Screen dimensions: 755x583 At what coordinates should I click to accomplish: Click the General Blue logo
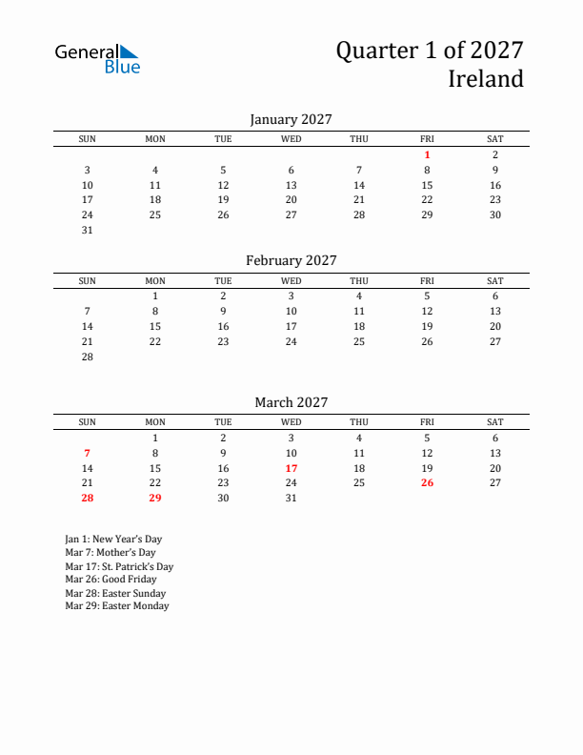click(x=97, y=58)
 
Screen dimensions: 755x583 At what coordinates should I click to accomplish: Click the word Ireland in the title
click(x=486, y=78)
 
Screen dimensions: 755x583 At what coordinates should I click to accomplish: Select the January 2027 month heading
click(x=291, y=119)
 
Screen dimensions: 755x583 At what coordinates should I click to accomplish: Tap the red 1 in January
click(x=427, y=154)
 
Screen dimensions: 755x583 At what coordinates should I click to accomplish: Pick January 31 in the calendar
click(x=87, y=230)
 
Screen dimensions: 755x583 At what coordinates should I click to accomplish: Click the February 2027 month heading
click(x=291, y=260)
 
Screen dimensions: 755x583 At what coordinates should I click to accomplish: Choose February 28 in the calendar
click(x=87, y=357)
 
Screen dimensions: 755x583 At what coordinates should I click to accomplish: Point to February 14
click(x=87, y=326)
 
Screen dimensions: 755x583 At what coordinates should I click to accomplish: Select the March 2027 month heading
click(x=291, y=402)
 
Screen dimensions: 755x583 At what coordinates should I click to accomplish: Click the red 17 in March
click(x=291, y=468)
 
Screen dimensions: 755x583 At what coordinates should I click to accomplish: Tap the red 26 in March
click(x=427, y=483)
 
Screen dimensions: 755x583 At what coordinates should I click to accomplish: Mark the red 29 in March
click(x=155, y=499)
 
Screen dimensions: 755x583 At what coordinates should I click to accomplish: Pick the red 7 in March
click(x=87, y=453)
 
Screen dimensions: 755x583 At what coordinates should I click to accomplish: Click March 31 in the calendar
click(x=291, y=499)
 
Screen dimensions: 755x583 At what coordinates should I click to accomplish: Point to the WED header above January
click(x=291, y=139)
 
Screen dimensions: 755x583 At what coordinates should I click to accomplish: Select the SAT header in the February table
click(x=494, y=281)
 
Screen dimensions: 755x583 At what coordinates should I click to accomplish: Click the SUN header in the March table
click(x=87, y=422)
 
